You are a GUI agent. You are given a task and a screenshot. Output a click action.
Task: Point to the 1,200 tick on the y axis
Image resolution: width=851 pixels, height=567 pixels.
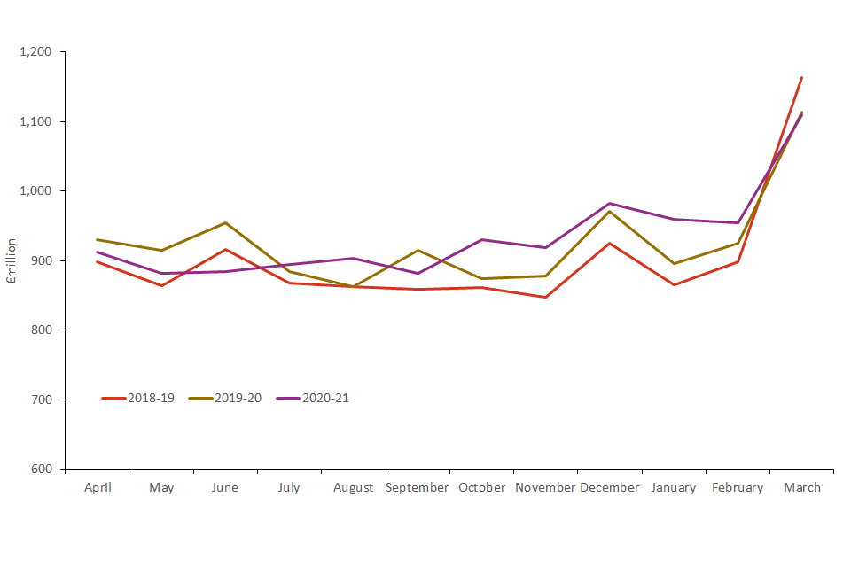point(36,52)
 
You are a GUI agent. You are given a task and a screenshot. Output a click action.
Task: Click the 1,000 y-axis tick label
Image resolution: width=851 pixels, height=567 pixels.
point(36,191)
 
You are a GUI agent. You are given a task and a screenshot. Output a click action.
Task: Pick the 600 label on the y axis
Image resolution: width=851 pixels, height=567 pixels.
point(43,470)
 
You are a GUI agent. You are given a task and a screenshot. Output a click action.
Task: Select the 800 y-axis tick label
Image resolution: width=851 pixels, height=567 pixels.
point(43,330)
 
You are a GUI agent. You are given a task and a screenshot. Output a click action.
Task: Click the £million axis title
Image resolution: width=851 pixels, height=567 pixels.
point(12,260)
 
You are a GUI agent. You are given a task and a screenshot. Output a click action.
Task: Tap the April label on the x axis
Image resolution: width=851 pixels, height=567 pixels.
point(98,488)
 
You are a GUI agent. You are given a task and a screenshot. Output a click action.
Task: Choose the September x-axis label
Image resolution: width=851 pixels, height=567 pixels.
point(418,488)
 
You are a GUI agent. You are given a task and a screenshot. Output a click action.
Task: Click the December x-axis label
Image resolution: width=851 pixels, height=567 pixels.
point(610,488)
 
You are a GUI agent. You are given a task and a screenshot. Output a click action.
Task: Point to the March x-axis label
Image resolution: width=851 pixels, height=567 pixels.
point(801,488)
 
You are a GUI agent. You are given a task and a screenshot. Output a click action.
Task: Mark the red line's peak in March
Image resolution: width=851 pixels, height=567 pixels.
point(801,77)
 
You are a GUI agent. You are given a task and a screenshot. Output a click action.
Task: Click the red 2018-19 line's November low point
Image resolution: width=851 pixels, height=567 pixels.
point(545,298)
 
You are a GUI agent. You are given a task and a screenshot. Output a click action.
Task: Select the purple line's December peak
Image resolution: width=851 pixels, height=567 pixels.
point(610,204)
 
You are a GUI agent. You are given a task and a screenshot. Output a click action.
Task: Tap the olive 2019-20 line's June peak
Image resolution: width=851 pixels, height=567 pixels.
point(225,223)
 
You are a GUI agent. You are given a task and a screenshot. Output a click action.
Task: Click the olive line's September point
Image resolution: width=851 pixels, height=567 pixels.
point(418,250)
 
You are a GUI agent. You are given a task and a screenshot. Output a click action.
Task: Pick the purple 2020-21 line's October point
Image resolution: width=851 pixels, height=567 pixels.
point(481,240)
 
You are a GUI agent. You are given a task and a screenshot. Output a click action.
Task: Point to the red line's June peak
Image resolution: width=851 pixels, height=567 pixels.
point(225,250)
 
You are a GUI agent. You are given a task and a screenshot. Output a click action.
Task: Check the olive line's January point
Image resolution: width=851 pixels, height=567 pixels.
point(674,264)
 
